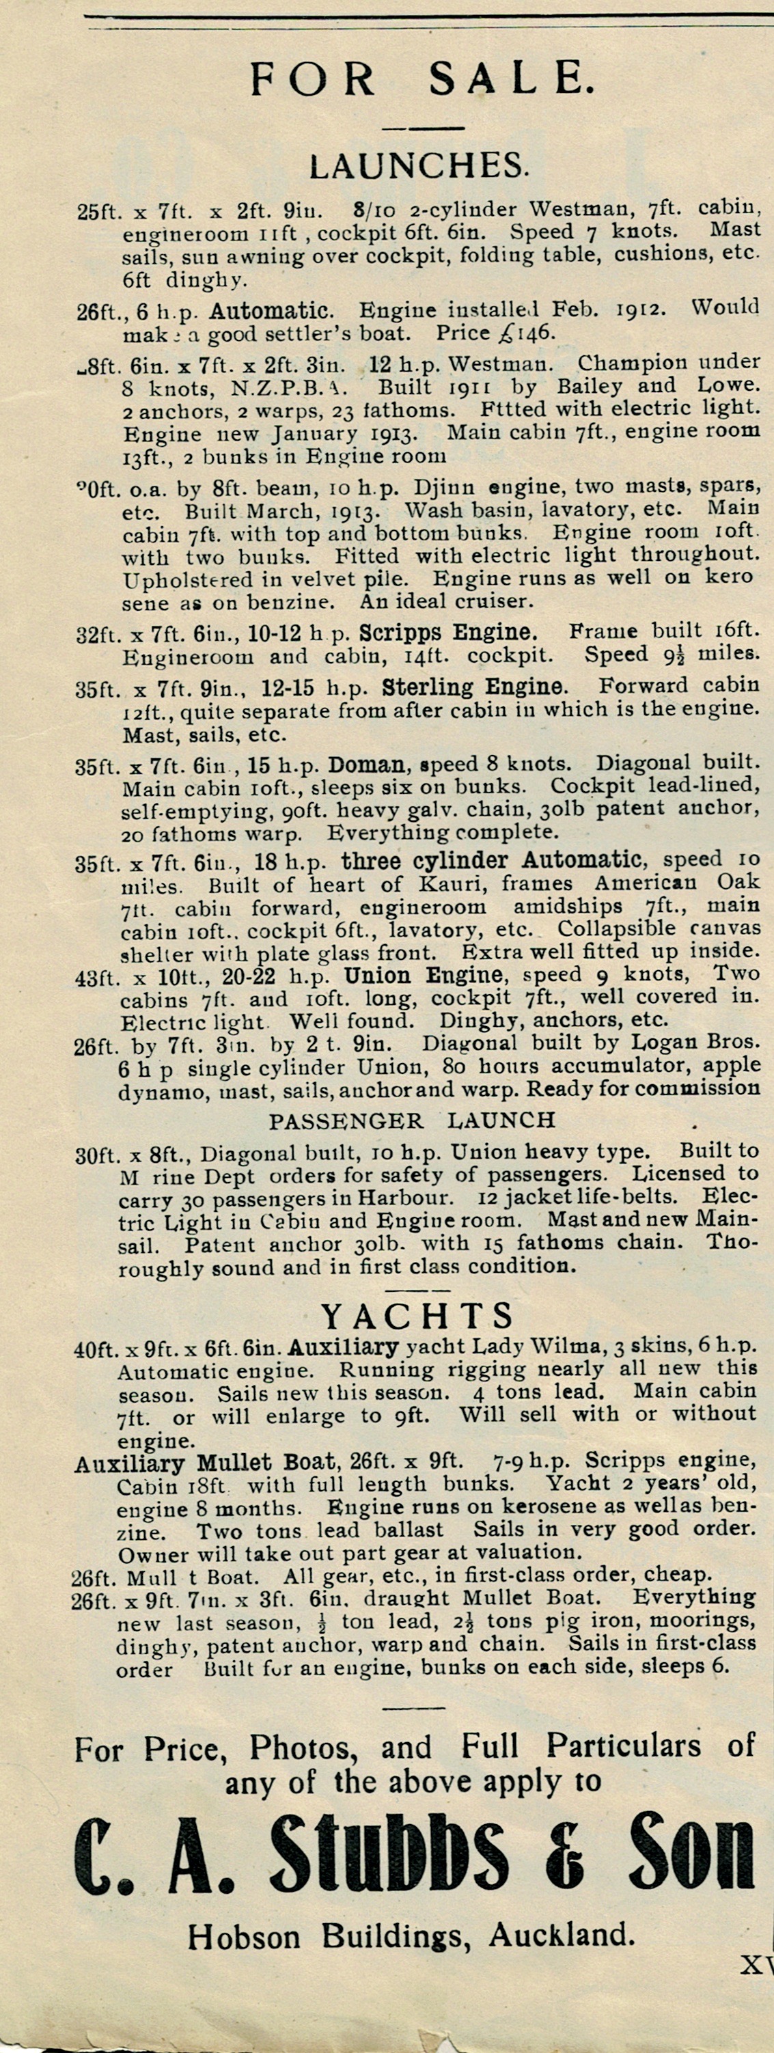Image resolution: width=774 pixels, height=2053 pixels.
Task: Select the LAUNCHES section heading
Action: click(419, 166)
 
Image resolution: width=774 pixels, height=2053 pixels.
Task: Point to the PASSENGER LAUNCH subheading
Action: click(411, 1120)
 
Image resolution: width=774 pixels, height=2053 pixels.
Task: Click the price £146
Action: click(525, 332)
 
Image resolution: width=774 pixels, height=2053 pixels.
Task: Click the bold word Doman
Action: click(367, 765)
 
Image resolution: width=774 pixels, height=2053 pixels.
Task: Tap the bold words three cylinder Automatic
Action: click(491, 861)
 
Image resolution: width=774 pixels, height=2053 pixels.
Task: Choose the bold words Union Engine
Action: click(424, 975)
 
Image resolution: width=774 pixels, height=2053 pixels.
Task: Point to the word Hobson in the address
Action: click(245, 1936)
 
